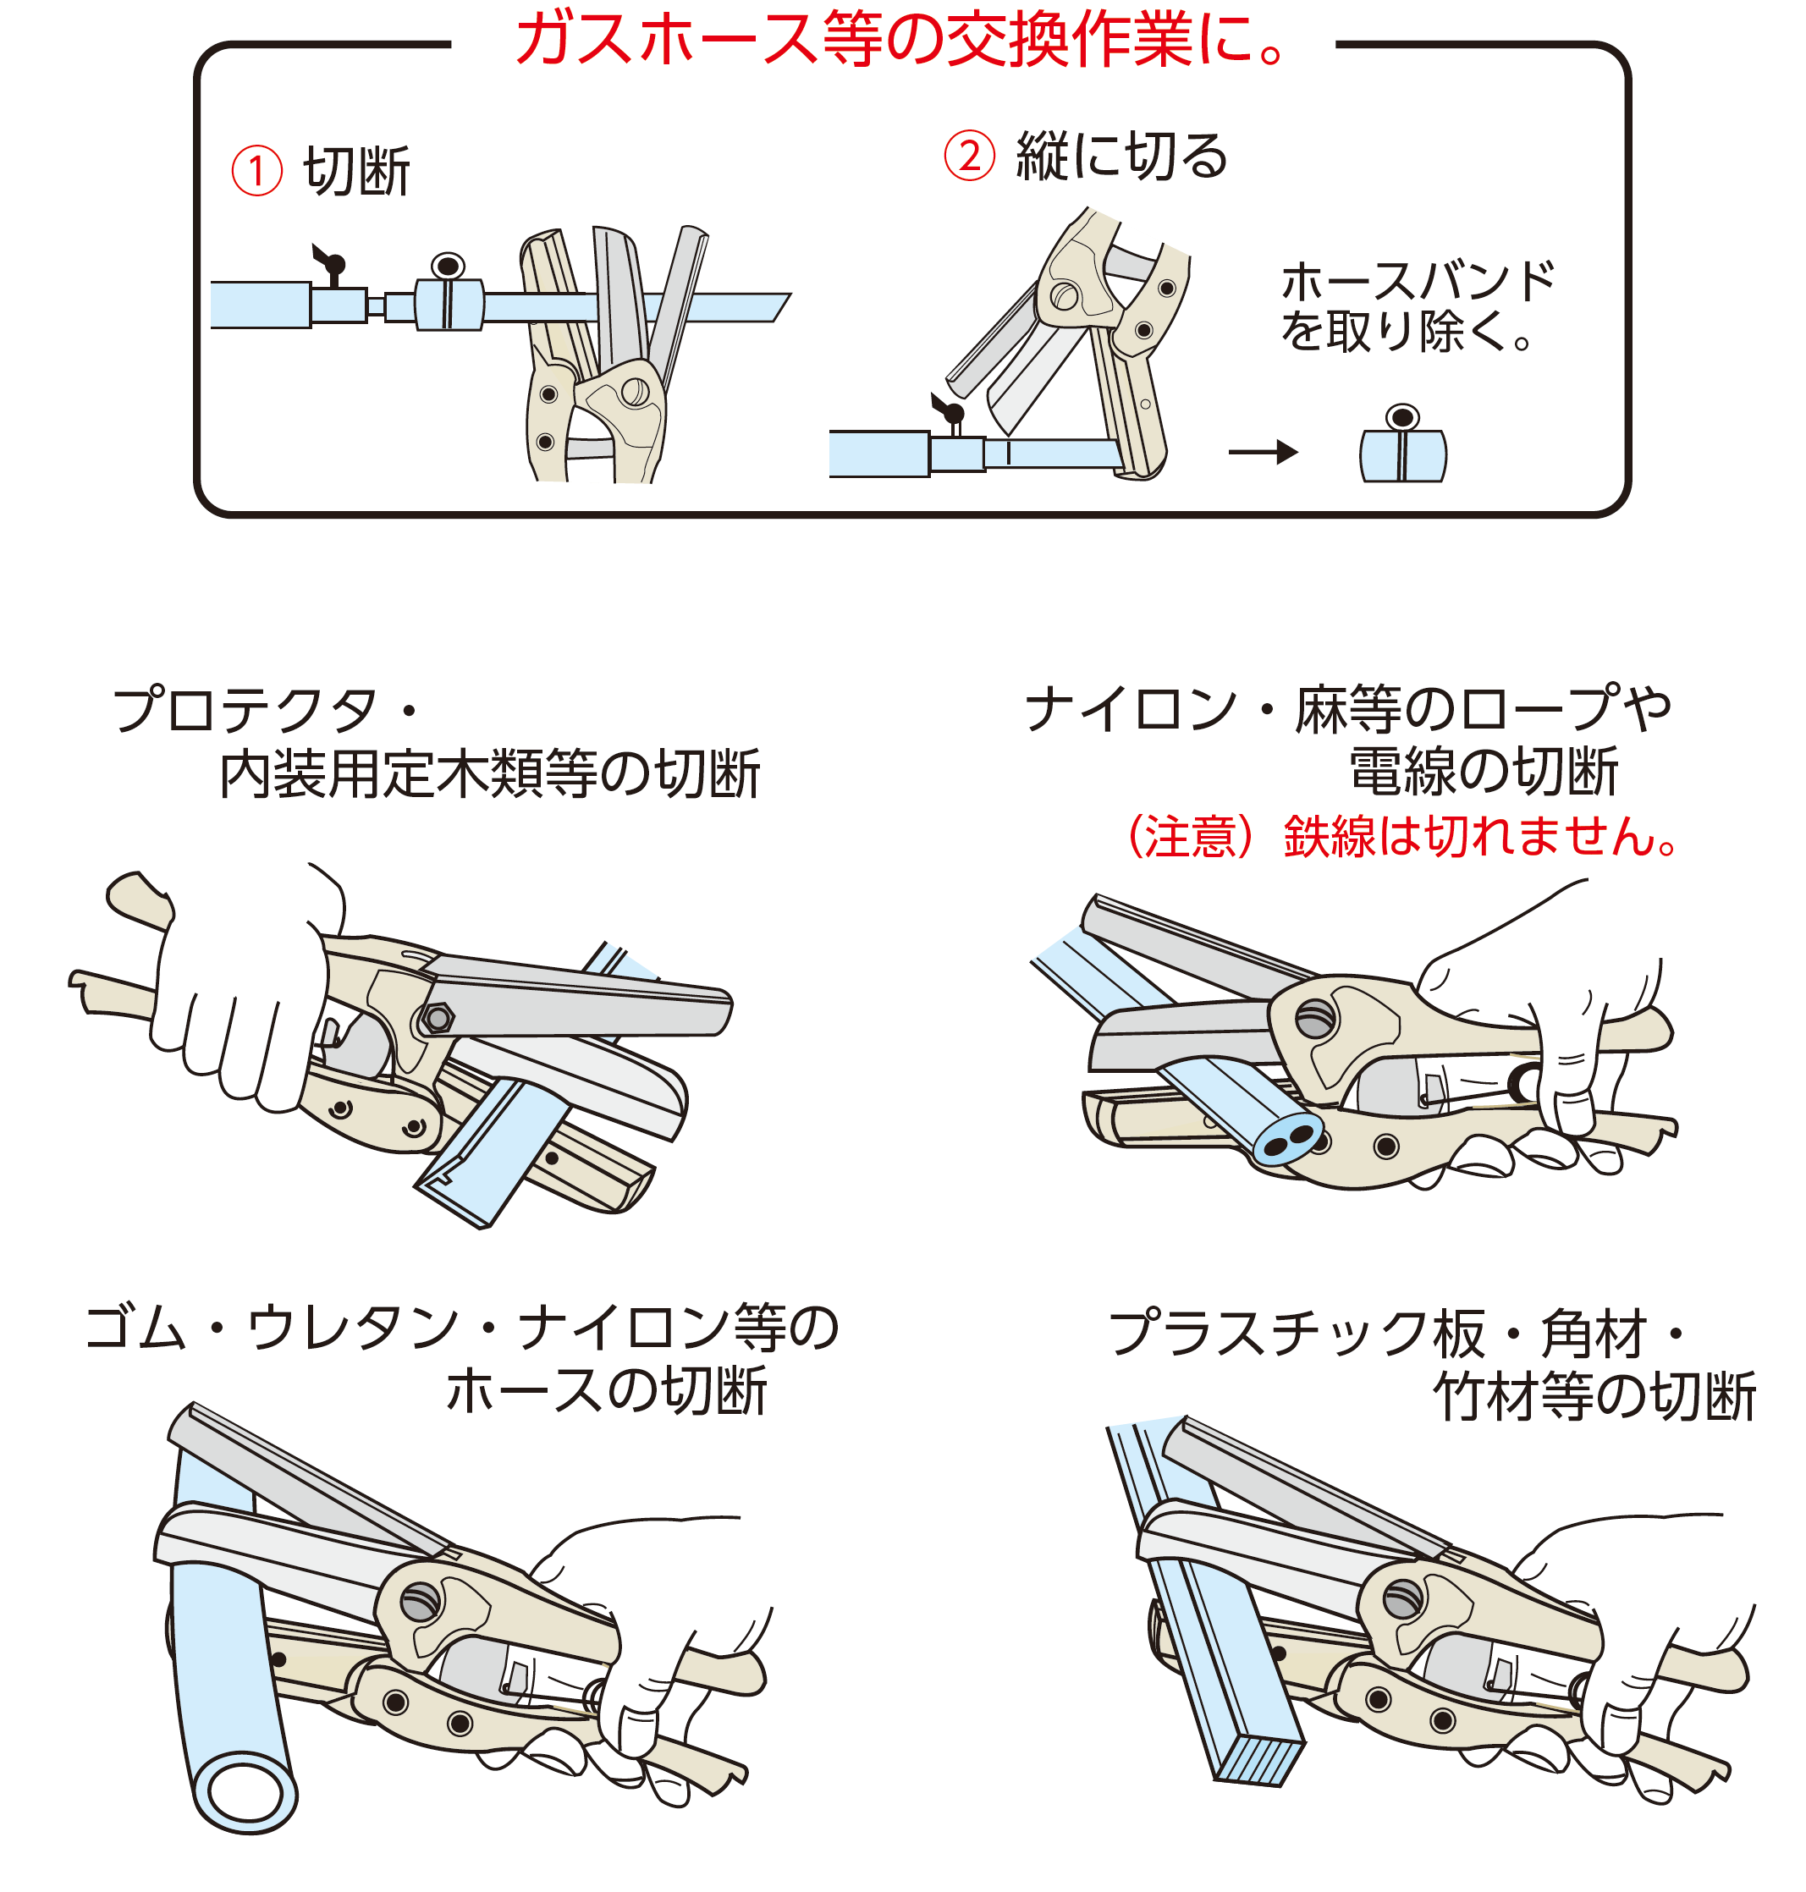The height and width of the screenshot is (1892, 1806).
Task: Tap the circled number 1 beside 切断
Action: pyautogui.click(x=256, y=171)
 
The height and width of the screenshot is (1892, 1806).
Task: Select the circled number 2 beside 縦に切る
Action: pyautogui.click(x=968, y=156)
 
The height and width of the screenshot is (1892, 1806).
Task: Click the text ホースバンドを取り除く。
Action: pyautogui.click(x=1416, y=306)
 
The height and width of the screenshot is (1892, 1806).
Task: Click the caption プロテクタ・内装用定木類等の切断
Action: pyautogui.click(x=438, y=742)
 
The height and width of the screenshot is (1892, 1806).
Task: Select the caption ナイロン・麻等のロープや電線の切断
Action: pyautogui.click(x=1348, y=740)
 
